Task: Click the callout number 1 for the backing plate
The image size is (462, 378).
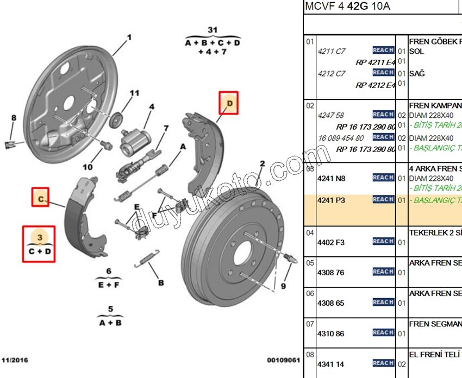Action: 129,37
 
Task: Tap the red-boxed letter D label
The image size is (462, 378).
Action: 229,102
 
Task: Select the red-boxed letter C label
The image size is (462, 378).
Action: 41,199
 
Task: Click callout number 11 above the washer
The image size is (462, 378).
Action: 134,93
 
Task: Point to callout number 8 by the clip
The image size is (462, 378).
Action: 14,118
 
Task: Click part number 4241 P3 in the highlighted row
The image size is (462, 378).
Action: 331,200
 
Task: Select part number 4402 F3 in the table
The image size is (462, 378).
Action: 331,242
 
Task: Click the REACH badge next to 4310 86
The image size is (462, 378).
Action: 383,332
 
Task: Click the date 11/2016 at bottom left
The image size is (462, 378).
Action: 15,360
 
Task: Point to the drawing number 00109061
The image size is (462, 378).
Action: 283,360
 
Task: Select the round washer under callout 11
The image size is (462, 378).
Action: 116,119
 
